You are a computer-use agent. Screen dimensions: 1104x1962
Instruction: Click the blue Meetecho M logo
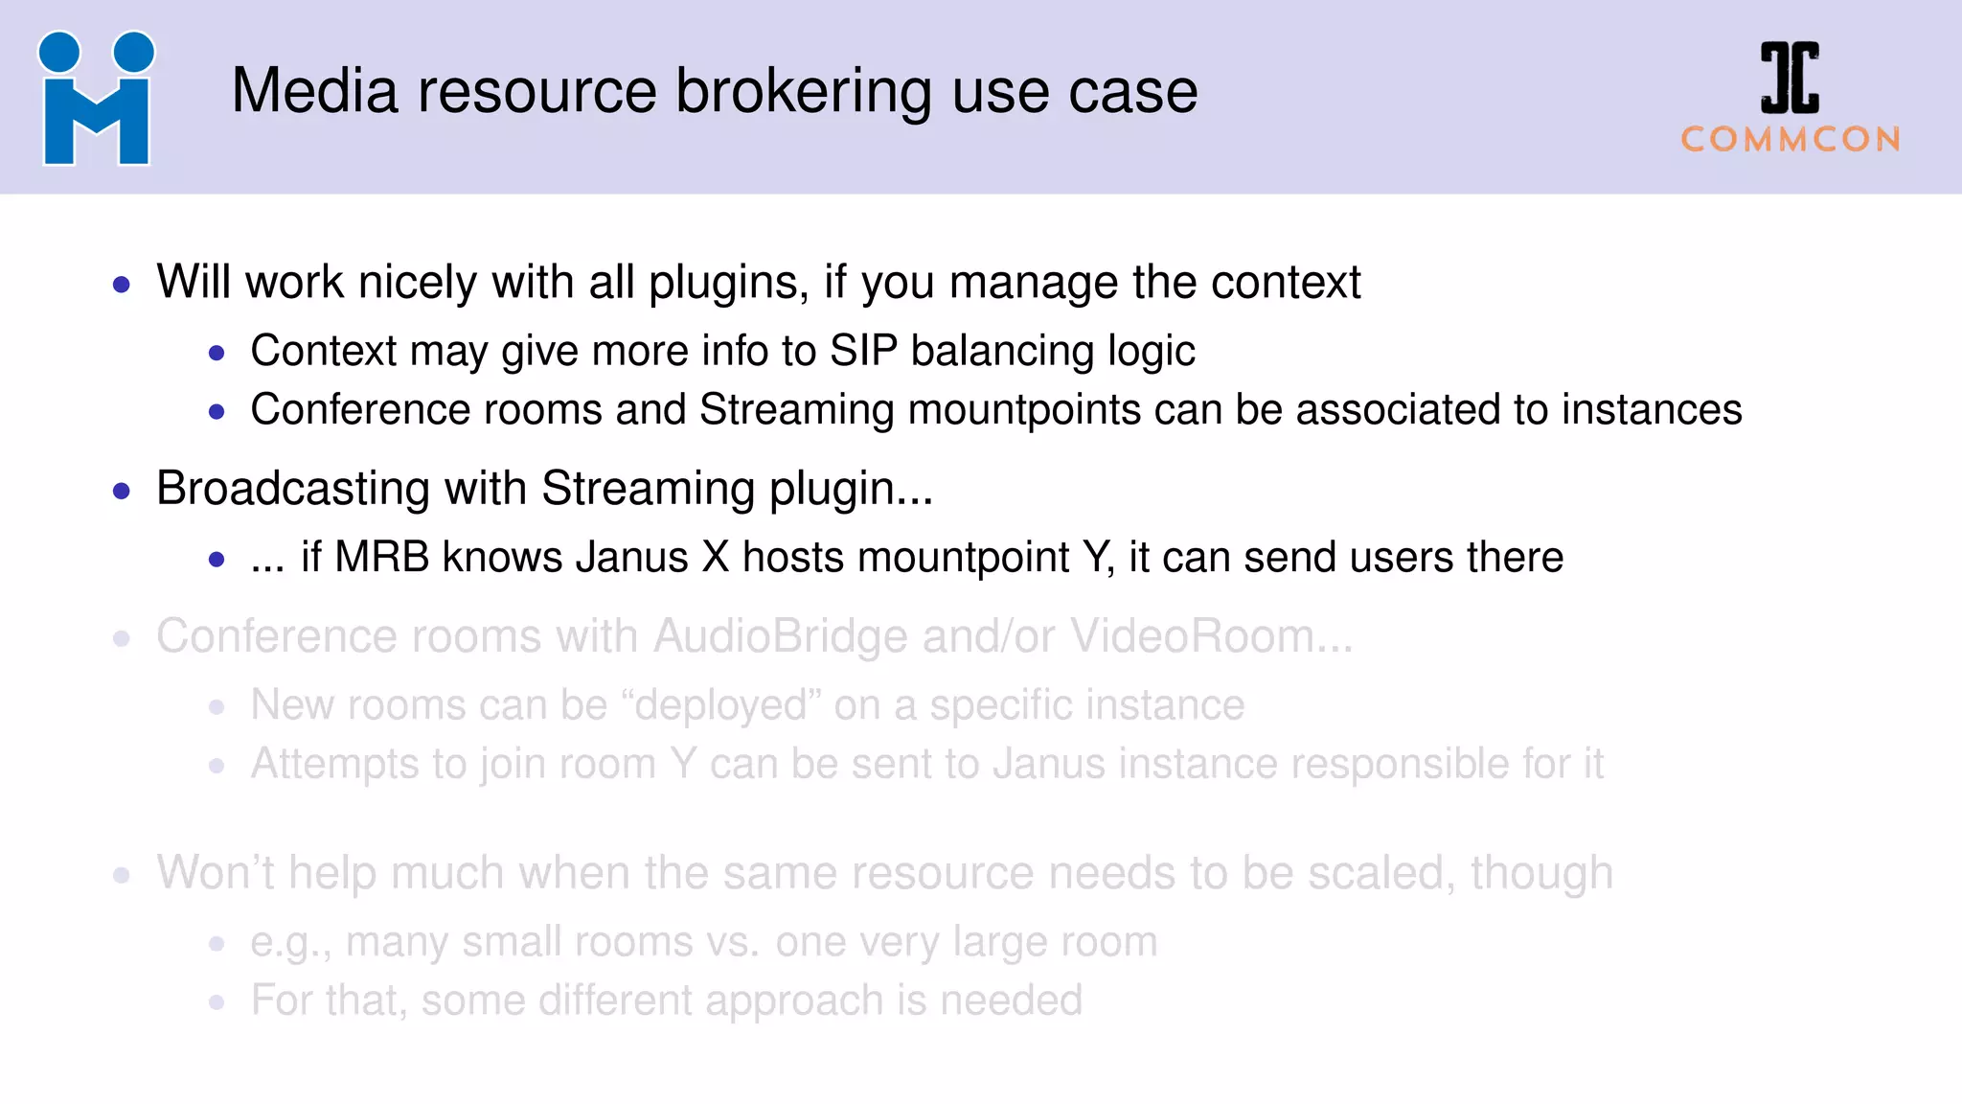(x=96, y=99)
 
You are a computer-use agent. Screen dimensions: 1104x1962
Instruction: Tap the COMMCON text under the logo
(x=1790, y=140)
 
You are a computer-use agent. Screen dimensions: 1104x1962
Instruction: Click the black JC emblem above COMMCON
(x=1790, y=78)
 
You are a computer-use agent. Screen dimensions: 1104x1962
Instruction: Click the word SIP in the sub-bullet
(x=863, y=351)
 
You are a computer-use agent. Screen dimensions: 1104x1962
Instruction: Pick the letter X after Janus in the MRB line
(x=716, y=558)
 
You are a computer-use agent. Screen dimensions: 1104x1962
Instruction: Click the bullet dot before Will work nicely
(x=122, y=285)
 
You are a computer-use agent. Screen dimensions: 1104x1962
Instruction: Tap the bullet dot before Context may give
(x=217, y=354)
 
